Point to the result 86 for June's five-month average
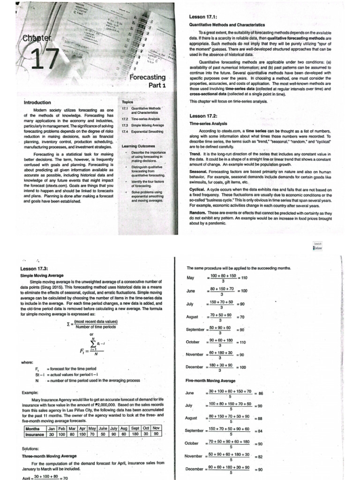(x=262, y=394)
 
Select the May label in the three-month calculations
(x=190, y=278)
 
